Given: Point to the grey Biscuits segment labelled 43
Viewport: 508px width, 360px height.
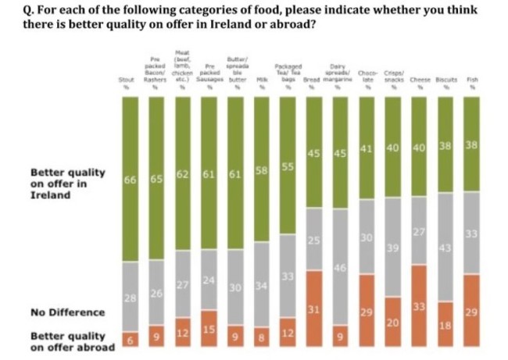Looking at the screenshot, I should click(x=445, y=247).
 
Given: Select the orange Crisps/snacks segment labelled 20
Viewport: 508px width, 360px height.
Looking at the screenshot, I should click(x=392, y=322).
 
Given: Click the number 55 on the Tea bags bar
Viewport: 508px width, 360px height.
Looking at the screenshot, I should click(x=287, y=167).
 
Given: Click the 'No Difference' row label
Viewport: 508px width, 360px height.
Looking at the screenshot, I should click(x=66, y=312).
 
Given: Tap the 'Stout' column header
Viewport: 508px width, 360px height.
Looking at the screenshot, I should click(x=125, y=80).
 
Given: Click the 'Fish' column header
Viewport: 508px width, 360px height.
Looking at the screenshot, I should click(x=471, y=80).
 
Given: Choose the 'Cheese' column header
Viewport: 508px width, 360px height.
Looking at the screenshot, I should click(x=419, y=80).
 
